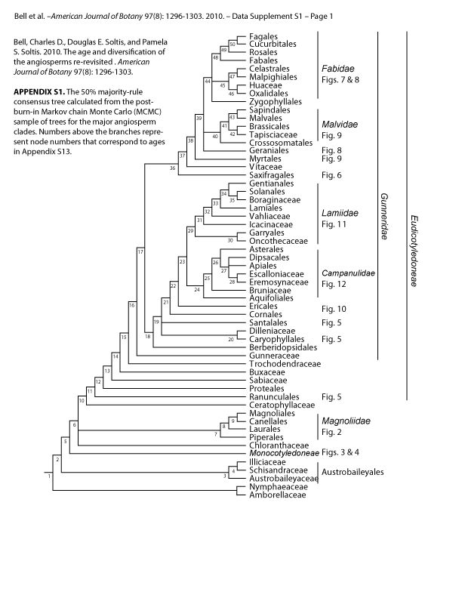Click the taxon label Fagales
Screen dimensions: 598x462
coord(252,38)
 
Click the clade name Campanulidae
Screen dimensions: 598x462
coord(349,273)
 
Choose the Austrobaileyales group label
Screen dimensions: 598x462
coord(354,471)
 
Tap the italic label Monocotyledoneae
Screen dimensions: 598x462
coord(277,454)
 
